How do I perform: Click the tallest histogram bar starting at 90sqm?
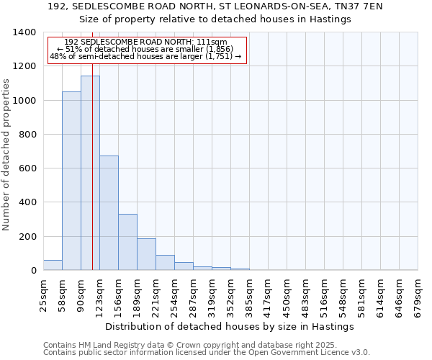90,173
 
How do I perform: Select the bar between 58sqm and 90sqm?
71,181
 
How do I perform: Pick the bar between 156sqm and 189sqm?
127,242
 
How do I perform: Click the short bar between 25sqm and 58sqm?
53,265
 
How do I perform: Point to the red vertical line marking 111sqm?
93,180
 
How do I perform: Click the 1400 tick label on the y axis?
24,32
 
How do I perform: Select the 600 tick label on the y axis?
27,168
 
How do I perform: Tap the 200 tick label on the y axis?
27,237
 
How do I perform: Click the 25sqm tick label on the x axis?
44,295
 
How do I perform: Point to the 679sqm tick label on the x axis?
418,295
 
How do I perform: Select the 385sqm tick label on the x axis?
250,295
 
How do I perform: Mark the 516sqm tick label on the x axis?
325,295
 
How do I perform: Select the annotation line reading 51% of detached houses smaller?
145,49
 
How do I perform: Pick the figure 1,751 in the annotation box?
219,56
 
